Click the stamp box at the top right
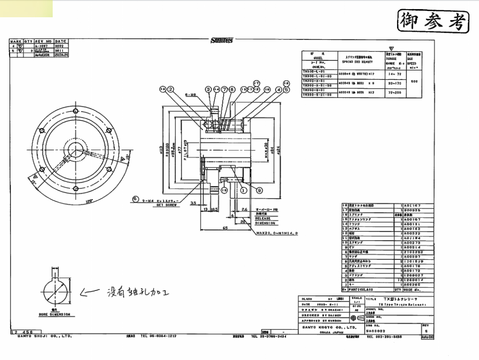pos(432,21)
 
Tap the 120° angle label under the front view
pos(89,202)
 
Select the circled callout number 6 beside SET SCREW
pos(135,198)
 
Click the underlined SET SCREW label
pos(165,204)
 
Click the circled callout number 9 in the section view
pos(259,190)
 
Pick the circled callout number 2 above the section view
pos(170,89)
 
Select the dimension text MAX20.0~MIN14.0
pos(277,233)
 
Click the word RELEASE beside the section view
pos(263,219)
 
